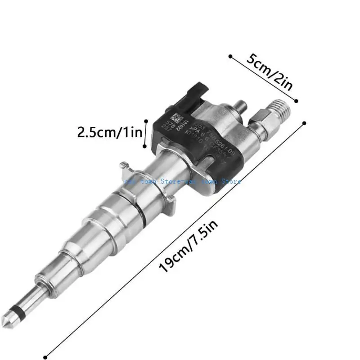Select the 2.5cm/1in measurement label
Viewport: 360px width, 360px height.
(110, 132)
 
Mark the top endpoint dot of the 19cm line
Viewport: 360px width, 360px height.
(305, 122)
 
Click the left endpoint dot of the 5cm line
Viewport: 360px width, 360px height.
(230, 57)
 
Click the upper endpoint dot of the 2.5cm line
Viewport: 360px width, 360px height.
(145, 120)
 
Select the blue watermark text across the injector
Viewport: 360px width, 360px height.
(182, 181)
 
